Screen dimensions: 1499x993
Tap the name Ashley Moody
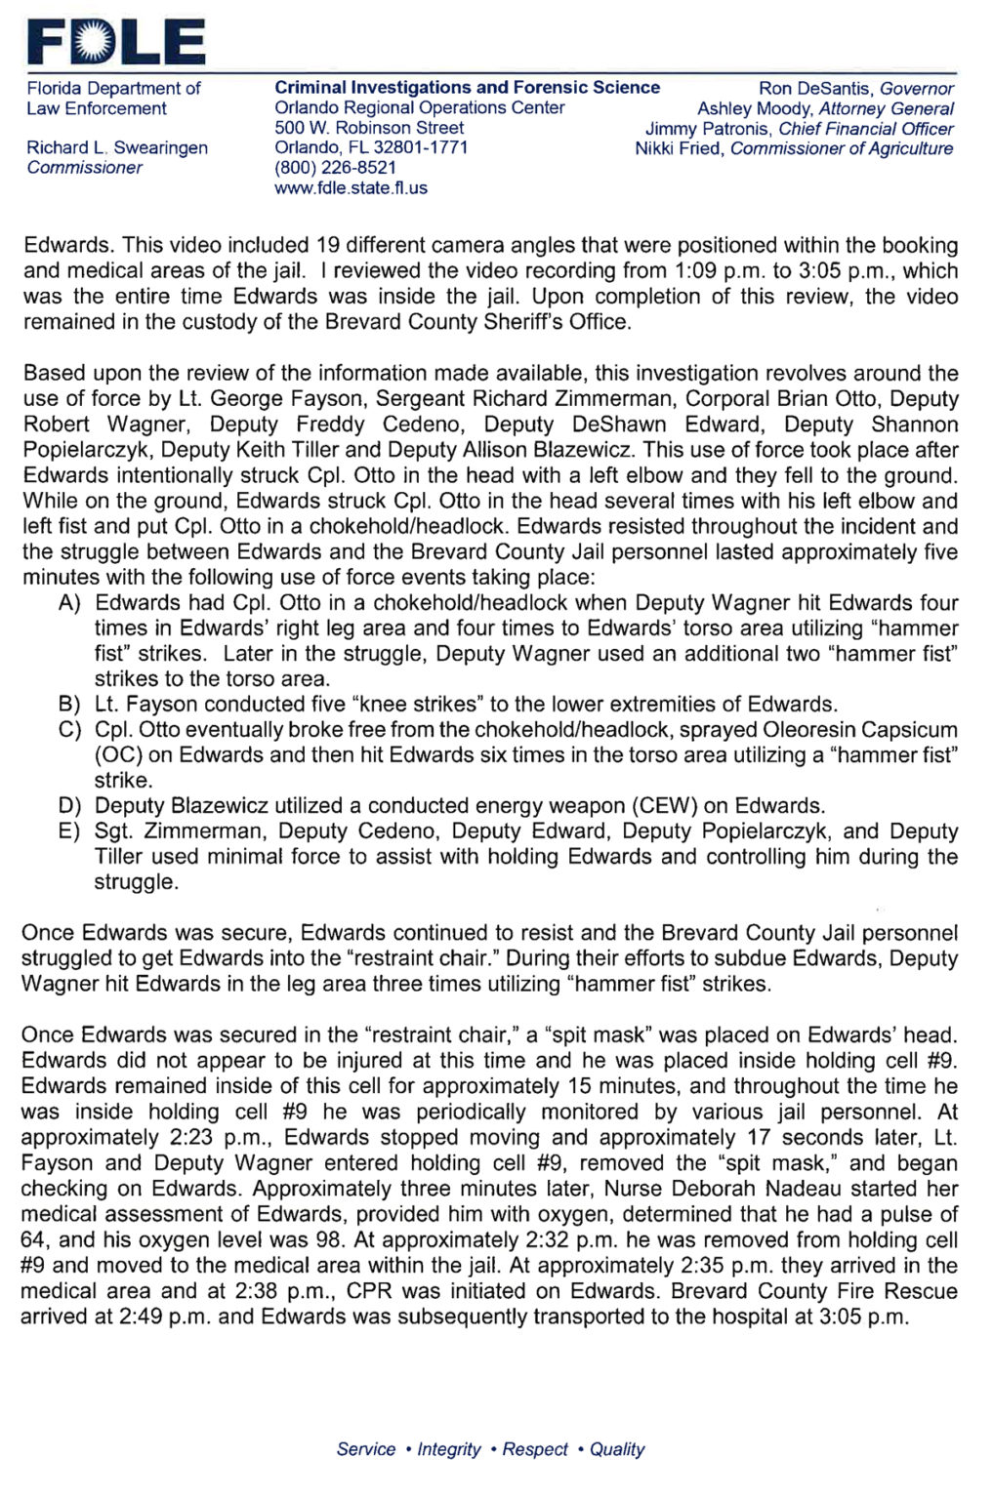tap(755, 109)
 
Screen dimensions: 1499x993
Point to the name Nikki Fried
tap(680, 149)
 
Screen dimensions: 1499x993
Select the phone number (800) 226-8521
tap(335, 168)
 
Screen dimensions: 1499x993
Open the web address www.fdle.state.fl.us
tap(351, 188)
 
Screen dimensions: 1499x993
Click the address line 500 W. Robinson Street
tap(368, 128)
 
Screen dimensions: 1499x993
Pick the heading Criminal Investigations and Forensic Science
tap(467, 88)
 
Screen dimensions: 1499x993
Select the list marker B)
tap(69, 705)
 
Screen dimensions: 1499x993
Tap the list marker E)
tap(69, 831)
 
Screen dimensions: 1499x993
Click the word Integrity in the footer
tap(448, 1449)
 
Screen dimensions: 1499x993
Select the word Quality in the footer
tap(616, 1449)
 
